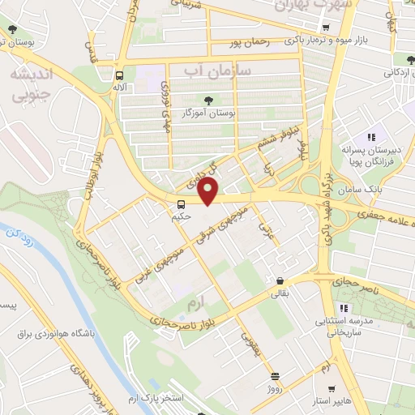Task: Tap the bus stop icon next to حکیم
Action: [182, 203]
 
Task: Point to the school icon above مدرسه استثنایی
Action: [344, 307]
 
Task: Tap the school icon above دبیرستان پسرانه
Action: [372, 138]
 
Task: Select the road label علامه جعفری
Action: [384, 215]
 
